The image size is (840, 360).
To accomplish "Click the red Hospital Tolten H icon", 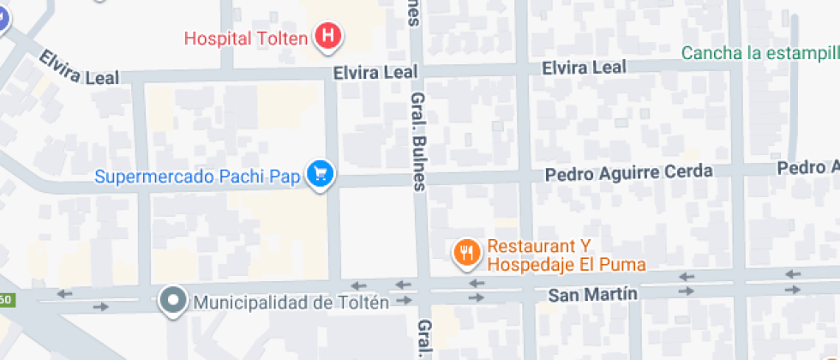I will pos(327,37).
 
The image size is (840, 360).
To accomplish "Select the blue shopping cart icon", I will pos(321,174).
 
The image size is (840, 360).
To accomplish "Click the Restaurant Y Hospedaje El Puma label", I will pos(566,255).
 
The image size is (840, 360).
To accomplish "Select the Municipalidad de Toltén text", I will pos(291,302).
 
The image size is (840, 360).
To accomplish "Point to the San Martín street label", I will pos(592,294).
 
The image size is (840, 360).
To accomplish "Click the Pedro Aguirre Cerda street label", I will pos(630,172).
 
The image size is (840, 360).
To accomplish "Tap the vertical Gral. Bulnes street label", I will pos(418,141).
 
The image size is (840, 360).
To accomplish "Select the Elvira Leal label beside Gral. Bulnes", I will pos(375,74).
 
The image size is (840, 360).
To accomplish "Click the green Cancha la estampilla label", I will pos(759,53).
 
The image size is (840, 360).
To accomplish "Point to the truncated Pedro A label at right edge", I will pos(807,166).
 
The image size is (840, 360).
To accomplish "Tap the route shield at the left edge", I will pos(5,300).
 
